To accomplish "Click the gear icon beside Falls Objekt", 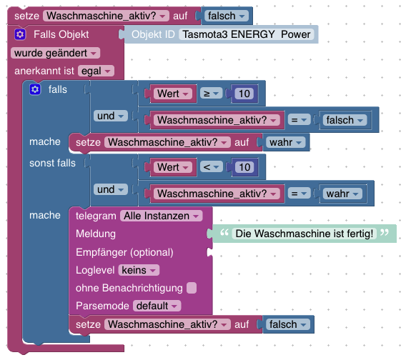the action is [x=20, y=34].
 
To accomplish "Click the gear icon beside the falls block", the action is [x=35, y=89].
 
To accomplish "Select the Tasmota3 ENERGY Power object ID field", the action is [x=247, y=34].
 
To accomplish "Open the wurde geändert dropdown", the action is [x=55, y=53].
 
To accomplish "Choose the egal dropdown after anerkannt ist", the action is [x=96, y=71].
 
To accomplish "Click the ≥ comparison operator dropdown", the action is [x=212, y=94].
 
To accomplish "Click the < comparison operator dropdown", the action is [x=212, y=167].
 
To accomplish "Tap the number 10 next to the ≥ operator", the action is [x=244, y=94].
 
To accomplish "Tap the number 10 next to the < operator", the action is [x=244, y=167].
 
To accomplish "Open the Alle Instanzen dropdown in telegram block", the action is [x=161, y=216].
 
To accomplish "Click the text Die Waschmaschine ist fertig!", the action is [x=305, y=234].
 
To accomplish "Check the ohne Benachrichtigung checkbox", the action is [x=192, y=288].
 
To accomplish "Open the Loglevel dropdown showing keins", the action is [x=139, y=270].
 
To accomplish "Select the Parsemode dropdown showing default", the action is [x=157, y=306].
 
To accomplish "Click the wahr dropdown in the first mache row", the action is [x=285, y=142].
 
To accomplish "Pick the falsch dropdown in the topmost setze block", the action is [x=226, y=16].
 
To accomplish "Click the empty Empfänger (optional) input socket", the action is [x=209, y=252].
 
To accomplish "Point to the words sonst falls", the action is [x=52, y=163].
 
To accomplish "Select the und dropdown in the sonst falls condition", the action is [x=111, y=189].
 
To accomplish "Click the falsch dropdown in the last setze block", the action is [x=288, y=324].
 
